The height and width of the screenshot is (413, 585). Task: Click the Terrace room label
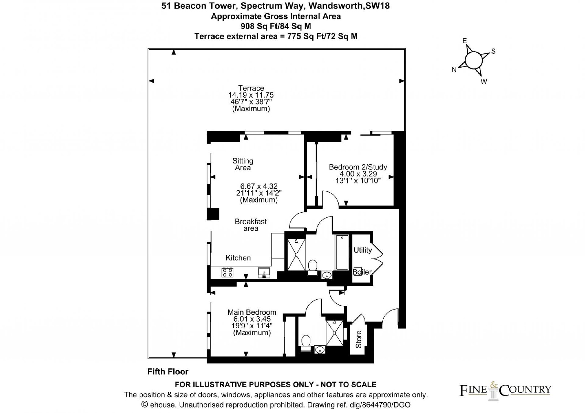tap(251, 88)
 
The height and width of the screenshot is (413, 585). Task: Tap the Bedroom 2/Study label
tap(358, 167)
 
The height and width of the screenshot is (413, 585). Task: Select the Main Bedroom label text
tap(252, 312)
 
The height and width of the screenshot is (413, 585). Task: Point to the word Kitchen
tap(238, 258)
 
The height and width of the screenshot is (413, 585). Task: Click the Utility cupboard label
tap(362, 250)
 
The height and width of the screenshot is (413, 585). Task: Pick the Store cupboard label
tap(359, 339)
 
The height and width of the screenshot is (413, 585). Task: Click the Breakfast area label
tap(251, 225)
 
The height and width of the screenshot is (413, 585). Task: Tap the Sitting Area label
tap(243, 164)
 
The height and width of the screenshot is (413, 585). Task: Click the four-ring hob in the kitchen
tap(227, 272)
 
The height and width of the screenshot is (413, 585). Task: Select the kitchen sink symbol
tap(264, 273)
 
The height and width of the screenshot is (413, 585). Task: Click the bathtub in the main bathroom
tap(342, 252)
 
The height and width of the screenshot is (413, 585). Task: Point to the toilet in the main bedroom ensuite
tap(306, 343)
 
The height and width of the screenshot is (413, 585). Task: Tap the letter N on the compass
tap(454, 70)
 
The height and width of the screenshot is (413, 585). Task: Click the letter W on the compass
tap(484, 82)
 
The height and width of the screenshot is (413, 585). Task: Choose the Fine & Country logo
tap(505, 391)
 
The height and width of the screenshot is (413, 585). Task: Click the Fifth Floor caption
tap(168, 371)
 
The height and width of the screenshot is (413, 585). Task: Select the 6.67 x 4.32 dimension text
tap(259, 186)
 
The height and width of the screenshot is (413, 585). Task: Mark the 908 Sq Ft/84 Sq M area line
tap(276, 26)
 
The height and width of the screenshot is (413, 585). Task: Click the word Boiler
tap(362, 272)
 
